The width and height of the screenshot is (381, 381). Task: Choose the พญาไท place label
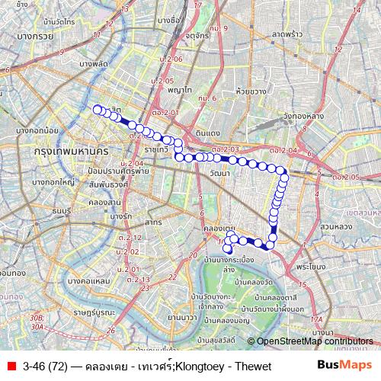click(x=180, y=89)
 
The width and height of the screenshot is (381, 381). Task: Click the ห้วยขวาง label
click(x=251, y=91)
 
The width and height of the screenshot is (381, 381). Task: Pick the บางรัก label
click(x=122, y=216)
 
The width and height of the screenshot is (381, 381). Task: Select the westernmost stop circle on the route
click(x=97, y=109)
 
